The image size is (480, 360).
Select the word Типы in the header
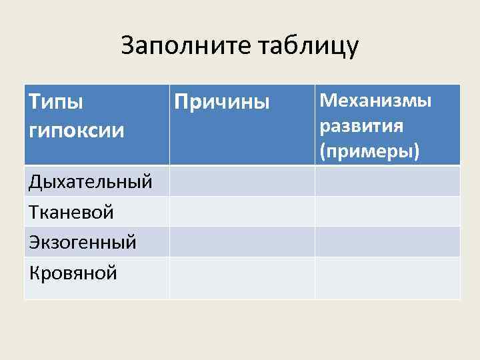click(x=56, y=103)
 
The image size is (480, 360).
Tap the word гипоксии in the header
click(x=77, y=130)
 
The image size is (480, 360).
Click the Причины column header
click(x=222, y=103)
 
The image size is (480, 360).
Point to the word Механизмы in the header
click(x=376, y=101)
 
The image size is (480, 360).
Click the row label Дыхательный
click(x=91, y=181)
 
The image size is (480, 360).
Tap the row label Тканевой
click(x=71, y=212)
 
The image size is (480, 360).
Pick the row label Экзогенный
click(x=83, y=242)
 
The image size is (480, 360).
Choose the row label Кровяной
click(x=73, y=272)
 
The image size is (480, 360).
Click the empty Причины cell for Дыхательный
click(x=242, y=181)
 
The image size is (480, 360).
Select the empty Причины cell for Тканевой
click(x=242, y=211)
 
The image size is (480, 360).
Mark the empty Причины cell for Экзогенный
click(x=242, y=241)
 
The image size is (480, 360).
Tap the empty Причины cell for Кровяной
click(x=242, y=277)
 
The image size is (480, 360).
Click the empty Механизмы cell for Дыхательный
click(x=387, y=181)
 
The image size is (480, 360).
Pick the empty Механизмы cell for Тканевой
click(x=387, y=211)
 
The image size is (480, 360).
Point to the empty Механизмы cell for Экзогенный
click(x=387, y=241)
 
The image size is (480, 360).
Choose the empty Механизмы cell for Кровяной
click(x=387, y=277)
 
